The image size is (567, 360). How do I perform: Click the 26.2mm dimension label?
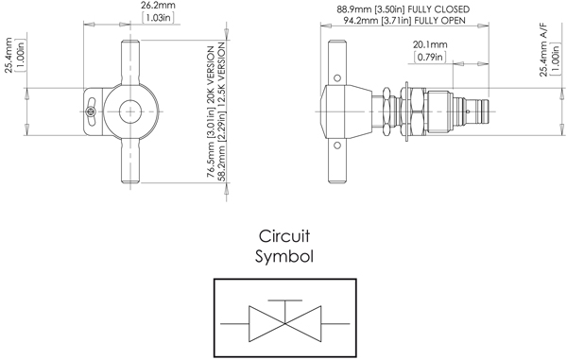(x=158, y=6)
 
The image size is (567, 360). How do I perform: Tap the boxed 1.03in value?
(x=158, y=18)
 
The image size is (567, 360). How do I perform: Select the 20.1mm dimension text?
(x=430, y=44)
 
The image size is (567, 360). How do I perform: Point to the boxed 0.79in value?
(x=430, y=57)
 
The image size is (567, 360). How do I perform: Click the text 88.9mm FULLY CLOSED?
(x=404, y=9)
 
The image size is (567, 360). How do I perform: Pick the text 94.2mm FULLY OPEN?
(x=404, y=21)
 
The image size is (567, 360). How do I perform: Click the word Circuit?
(x=284, y=236)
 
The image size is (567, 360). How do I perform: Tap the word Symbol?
(x=284, y=257)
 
